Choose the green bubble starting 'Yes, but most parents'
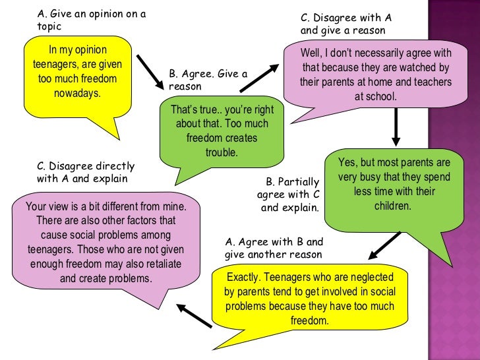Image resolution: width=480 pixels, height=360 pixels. click(x=394, y=184)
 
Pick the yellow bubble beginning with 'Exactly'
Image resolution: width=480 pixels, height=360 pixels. click(x=309, y=299)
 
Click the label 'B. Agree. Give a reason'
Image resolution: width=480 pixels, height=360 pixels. click(x=208, y=80)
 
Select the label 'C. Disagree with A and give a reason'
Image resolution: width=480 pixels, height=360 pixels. click(x=342, y=24)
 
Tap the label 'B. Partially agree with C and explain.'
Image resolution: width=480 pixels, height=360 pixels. click(x=290, y=195)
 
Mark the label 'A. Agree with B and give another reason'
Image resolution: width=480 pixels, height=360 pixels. click(x=273, y=248)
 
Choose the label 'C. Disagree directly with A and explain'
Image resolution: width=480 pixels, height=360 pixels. click(x=86, y=172)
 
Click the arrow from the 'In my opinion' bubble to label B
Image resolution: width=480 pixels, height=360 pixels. click(x=150, y=72)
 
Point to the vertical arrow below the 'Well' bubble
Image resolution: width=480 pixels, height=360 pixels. click(x=396, y=127)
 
